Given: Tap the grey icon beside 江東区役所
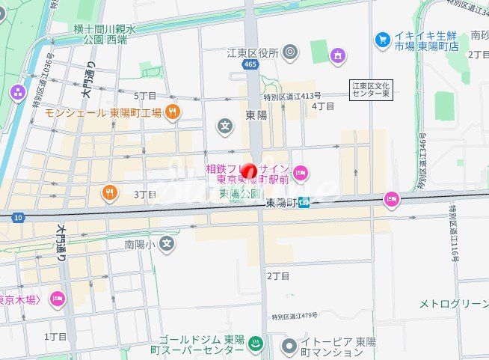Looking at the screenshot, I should (290, 52).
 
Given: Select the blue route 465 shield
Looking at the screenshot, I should (249, 66).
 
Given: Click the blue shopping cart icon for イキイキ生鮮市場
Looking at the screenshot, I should (383, 38).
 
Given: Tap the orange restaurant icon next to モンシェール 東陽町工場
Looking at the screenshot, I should (173, 112).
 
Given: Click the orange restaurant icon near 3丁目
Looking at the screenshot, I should (110, 194).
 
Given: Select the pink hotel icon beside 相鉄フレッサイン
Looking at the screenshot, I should (300, 173).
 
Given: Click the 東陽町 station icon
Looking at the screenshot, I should (304, 203).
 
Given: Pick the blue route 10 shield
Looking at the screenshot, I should (18, 217).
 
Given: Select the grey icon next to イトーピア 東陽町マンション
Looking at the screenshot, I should (289, 346).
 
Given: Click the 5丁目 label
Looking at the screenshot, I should (145, 96).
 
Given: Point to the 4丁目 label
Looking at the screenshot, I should (323, 106).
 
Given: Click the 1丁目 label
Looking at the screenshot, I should (55, 336).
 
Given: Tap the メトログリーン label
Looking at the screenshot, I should (453, 303).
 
